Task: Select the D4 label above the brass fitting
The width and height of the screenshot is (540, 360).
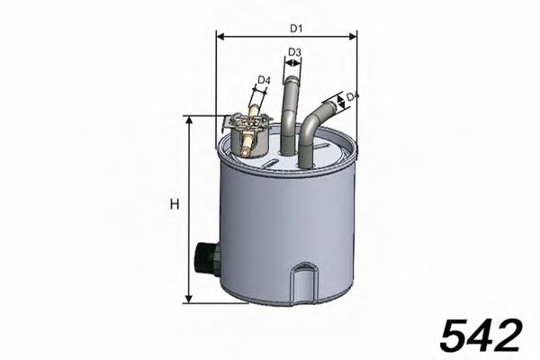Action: click(x=263, y=81)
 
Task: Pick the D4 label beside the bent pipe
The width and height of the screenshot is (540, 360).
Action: click(x=353, y=96)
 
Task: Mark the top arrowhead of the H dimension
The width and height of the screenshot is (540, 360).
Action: click(x=188, y=120)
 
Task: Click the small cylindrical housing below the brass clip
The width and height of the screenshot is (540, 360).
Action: click(x=247, y=139)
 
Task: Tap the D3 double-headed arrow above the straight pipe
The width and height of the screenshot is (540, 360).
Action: click(x=292, y=64)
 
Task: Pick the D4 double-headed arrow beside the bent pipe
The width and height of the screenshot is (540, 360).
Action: click(x=342, y=101)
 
